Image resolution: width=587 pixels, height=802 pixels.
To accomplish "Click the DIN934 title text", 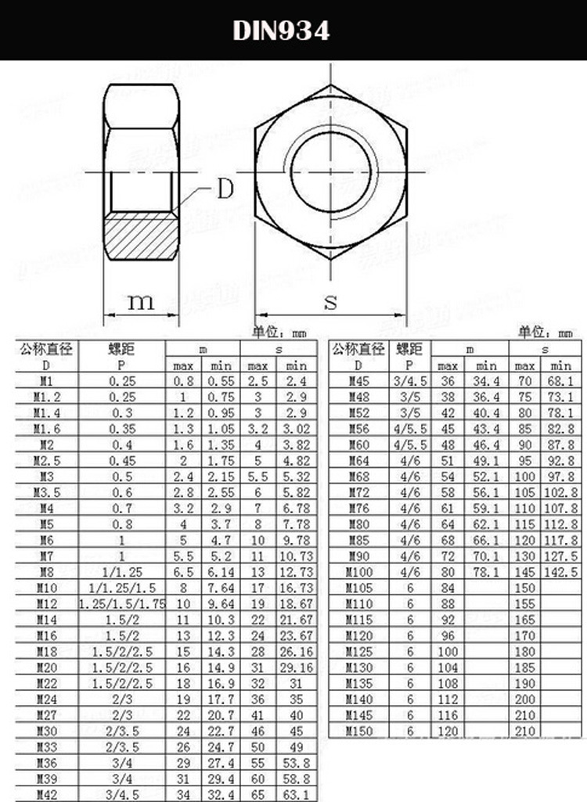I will [x=281, y=31].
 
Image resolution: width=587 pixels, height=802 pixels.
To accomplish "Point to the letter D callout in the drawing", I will [x=225, y=189].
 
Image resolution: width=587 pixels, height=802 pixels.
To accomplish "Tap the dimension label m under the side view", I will [x=141, y=301].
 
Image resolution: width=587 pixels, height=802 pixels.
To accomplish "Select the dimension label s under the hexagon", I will [x=330, y=302].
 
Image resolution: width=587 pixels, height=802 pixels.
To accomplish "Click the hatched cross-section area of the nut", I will [x=142, y=241].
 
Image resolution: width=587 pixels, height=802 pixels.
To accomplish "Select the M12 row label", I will [x=46, y=603].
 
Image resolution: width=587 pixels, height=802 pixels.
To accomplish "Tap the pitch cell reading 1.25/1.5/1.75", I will [x=121, y=603].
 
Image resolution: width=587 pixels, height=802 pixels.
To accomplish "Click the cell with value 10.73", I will [x=297, y=556].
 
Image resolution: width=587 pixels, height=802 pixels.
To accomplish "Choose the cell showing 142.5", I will [x=562, y=572].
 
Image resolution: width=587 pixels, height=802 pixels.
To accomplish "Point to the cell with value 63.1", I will [x=297, y=795].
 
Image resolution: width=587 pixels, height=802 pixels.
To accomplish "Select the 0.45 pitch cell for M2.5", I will [x=121, y=460].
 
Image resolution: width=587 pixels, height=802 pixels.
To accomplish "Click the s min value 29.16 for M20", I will [x=297, y=667].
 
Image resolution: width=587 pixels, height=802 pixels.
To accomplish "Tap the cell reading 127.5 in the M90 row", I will [x=562, y=556].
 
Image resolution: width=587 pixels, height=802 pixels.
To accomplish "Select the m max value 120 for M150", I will [x=448, y=731].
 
